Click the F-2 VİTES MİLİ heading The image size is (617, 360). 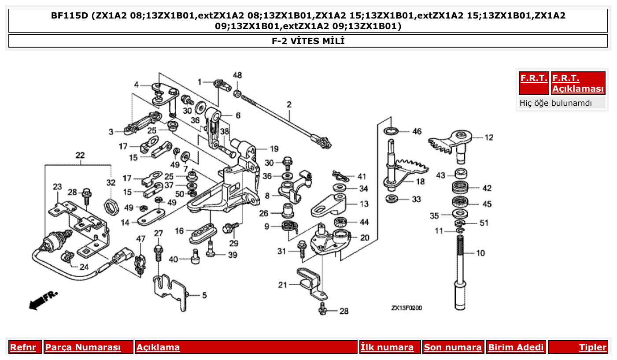[x=308, y=41]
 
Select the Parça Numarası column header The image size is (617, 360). [x=83, y=347]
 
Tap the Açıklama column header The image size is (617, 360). [x=158, y=347]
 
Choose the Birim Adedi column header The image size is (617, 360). [x=516, y=347]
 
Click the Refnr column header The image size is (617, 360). [x=23, y=347]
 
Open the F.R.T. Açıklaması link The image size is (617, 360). [x=578, y=83]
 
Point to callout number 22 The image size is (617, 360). [x=80, y=156]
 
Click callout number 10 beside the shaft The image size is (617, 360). [x=480, y=253]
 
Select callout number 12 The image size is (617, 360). [x=489, y=138]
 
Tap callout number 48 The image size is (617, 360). [x=237, y=75]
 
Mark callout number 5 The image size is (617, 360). [x=204, y=295]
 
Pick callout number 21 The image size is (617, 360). [x=282, y=285]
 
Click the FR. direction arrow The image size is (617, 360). [x=43, y=300]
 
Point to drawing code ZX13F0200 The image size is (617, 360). [x=406, y=308]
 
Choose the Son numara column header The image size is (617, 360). [x=452, y=347]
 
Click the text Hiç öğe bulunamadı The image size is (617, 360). [x=555, y=103]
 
